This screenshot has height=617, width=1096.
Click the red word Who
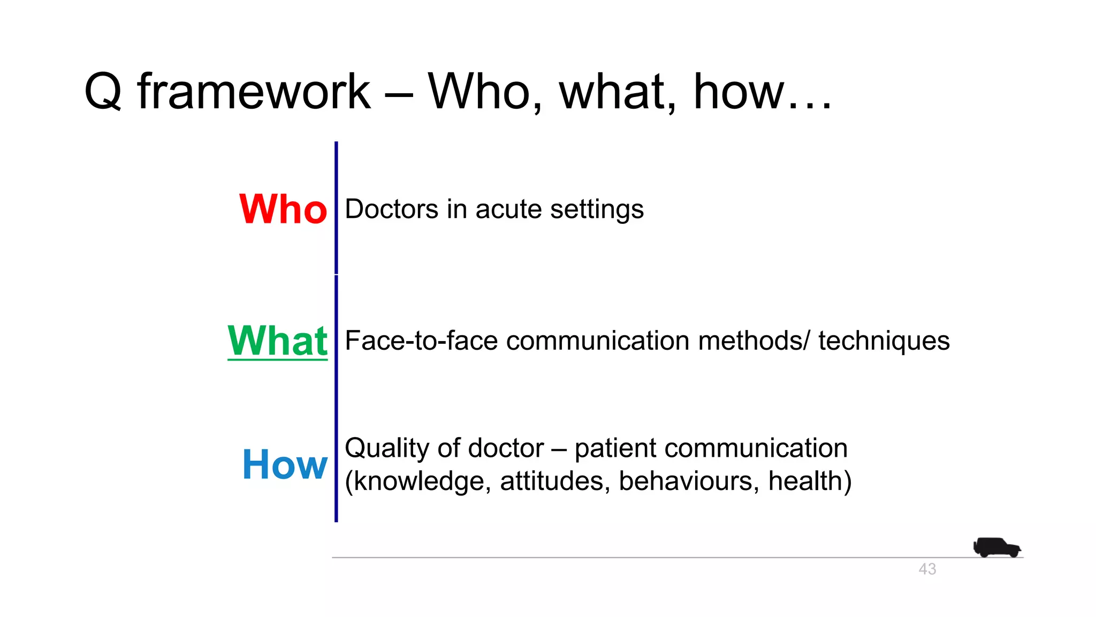pos(283,209)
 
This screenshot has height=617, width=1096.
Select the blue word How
pos(284,464)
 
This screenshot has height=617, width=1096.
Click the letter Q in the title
pos(103,92)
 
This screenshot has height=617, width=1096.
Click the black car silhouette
pos(996,547)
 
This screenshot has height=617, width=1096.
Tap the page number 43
pos(927,569)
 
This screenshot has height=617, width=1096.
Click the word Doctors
pos(392,209)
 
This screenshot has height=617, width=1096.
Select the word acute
pos(508,209)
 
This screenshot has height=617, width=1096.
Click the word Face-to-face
pos(421,341)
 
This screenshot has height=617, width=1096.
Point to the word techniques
pos(884,341)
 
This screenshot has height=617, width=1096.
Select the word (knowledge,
pos(418,481)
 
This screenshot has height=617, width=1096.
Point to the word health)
pos(810,481)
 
